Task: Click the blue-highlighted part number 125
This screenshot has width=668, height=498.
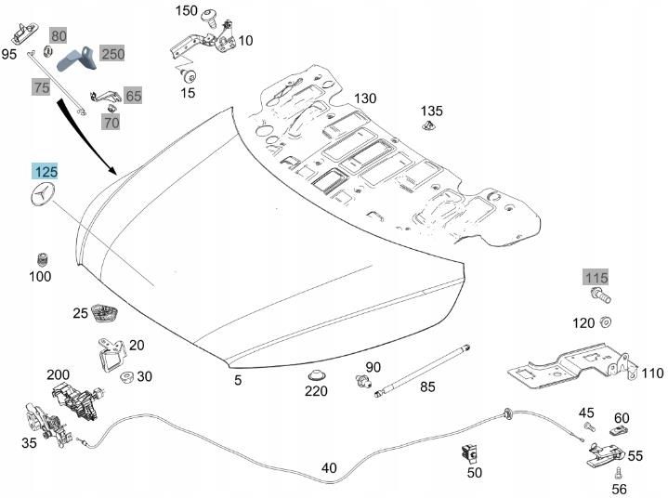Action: [46, 172]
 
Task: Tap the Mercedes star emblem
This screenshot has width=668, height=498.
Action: [43, 198]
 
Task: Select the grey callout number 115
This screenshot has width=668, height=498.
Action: [596, 278]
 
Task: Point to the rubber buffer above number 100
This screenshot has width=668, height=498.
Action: [41, 257]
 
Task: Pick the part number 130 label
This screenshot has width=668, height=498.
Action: [365, 99]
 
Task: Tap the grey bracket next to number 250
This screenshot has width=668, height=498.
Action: [76, 59]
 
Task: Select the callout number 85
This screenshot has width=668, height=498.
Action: [427, 387]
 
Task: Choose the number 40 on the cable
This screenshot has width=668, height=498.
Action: [329, 468]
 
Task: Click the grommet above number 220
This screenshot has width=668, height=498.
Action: [317, 374]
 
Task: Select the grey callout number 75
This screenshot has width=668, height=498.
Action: [41, 87]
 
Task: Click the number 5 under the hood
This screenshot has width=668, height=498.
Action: [237, 380]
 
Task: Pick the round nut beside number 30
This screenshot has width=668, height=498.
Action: [126, 376]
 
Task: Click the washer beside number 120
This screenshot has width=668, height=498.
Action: [604, 322]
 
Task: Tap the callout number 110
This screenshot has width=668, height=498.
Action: [653, 373]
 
